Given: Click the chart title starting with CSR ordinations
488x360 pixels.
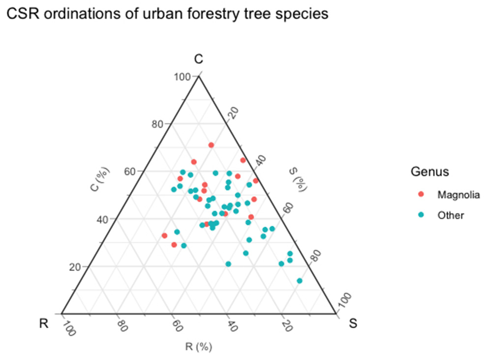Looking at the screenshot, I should (166, 14).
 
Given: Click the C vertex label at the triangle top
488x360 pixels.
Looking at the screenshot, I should (198, 60).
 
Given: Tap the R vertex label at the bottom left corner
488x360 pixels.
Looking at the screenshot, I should (44, 324).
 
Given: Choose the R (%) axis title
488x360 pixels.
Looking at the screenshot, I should (199, 347).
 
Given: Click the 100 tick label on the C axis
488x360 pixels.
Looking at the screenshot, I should (182, 77).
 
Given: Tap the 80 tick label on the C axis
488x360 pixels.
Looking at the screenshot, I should (157, 124).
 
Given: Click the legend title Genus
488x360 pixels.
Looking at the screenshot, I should (429, 172).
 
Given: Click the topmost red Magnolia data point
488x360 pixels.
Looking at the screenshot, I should (211, 145).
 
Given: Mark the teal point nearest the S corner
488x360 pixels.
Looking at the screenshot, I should (300, 281).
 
